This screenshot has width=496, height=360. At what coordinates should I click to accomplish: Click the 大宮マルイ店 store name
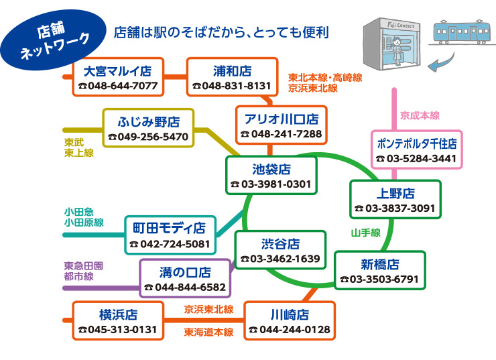(x=117, y=71)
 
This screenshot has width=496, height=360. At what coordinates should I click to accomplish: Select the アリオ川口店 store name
(x=282, y=119)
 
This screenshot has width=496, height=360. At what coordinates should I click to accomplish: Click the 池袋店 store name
(x=271, y=169)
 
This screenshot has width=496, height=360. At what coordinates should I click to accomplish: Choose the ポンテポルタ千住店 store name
(x=417, y=143)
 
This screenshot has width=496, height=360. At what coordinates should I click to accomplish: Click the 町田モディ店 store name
(x=169, y=228)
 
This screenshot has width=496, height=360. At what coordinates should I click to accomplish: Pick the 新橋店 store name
(x=380, y=264)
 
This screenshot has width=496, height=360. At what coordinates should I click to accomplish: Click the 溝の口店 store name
(x=185, y=272)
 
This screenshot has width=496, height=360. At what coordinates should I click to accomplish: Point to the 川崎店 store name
(x=290, y=315)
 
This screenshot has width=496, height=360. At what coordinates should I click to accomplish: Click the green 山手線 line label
(x=366, y=233)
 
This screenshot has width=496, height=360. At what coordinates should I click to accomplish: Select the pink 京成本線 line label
(x=420, y=115)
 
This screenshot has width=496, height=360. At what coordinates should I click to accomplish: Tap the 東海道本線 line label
(x=208, y=332)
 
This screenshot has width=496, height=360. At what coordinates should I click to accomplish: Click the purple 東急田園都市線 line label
(x=84, y=271)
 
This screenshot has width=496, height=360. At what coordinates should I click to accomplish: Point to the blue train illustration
(x=461, y=32)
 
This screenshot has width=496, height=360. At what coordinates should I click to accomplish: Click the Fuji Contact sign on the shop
(x=401, y=25)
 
